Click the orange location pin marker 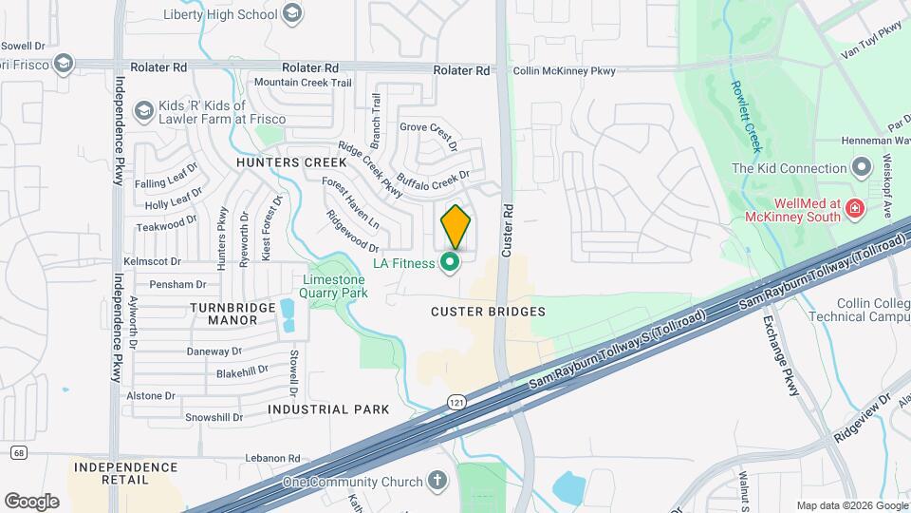pos(455,226)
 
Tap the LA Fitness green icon pos(452,261)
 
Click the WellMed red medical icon pos(855,206)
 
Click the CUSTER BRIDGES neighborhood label pos(488,312)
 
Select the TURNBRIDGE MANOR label pos(223,313)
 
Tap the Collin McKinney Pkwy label pos(564,71)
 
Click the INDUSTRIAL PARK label pos(328,409)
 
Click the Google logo pos(31,501)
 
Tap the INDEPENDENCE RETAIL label pos(126,473)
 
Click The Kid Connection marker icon pos(862,168)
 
